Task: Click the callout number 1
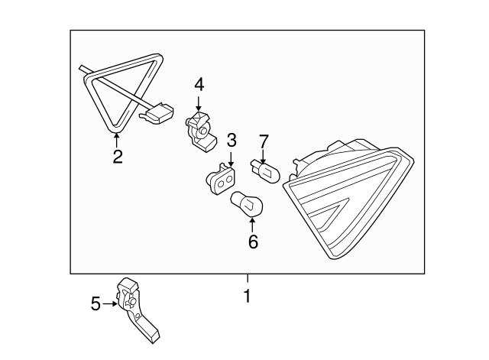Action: (x=247, y=294)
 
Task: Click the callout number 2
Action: (x=117, y=157)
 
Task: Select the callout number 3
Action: (x=232, y=140)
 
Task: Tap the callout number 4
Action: (x=199, y=83)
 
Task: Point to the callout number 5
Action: (x=96, y=304)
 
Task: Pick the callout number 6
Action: (x=253, y=242)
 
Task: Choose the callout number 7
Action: (x=264, y=141)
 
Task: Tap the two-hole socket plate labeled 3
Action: (x=222, y=179)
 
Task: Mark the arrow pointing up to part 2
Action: (x=117, y=139)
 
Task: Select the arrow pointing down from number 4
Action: (x=199, y=103)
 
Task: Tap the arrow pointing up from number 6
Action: (x=253, y=223)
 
